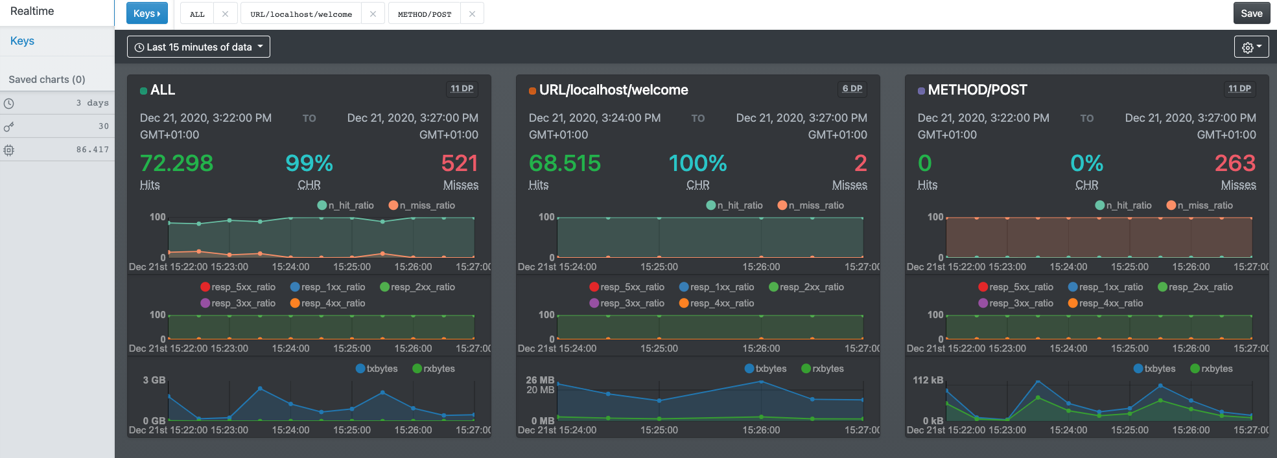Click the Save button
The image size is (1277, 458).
click(1251, 14)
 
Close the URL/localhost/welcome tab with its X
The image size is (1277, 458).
click(373, 14)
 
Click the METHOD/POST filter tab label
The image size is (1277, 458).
click(425, 14)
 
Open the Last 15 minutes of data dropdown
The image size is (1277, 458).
click(198, 47)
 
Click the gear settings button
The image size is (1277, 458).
click(1251, 47)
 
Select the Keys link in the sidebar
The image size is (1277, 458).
click(22, 41)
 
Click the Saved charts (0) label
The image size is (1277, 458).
click(47, 79)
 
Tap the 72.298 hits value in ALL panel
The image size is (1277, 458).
click(176, 163)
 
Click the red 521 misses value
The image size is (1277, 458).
click(460, 163)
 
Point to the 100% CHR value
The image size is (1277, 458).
click(697, 163)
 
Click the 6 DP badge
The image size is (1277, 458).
click(852, 89)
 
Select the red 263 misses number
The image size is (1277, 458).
click(1235, 163)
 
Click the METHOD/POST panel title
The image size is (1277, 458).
click(977, 90)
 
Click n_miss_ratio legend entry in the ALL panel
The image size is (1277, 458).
click(422, 205)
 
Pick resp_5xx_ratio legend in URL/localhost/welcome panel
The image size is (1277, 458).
click(627, 287)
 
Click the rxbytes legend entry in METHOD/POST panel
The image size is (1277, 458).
click(1212, 369)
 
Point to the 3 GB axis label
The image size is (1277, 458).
click(154, 380)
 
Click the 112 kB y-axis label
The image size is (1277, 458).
click(928, 380)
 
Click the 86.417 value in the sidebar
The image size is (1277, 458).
click(92, 150)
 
